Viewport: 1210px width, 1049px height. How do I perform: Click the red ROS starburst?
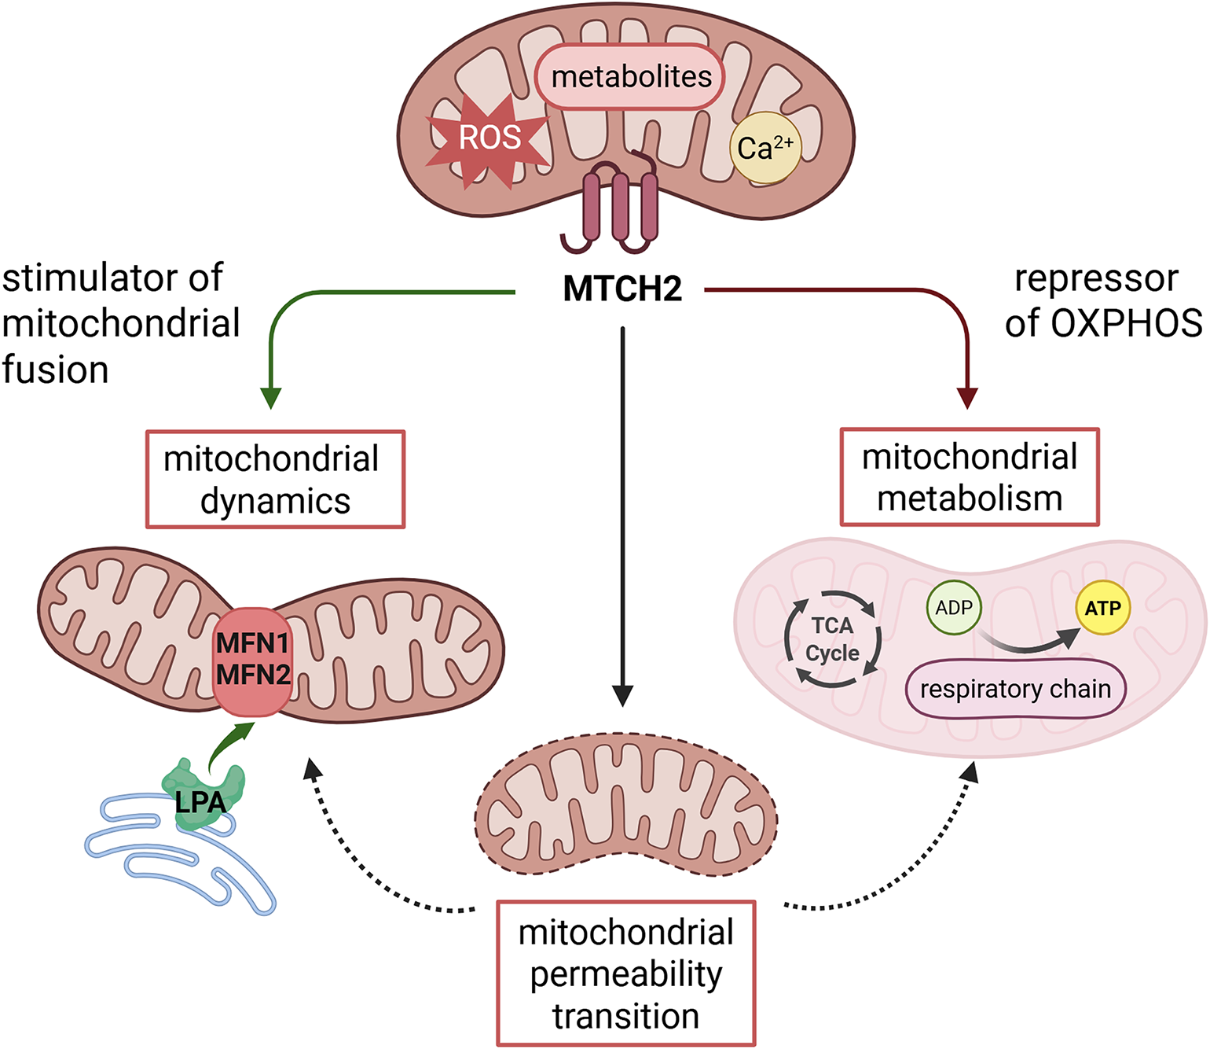(x=488, y=139)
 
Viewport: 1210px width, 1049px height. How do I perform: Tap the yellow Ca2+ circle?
(x=765, y=148)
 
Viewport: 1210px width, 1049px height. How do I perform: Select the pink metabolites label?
(x=630, y=77)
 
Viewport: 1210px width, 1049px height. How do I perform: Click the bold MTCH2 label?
(x=622, y=289)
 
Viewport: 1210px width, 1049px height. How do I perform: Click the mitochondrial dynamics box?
(x=275, y=479)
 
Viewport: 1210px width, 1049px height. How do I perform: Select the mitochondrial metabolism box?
(x=970, y=477)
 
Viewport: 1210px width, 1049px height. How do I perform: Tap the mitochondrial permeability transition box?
(x=625, y=974)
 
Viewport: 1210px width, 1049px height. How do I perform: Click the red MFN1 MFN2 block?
(x=253, y=661)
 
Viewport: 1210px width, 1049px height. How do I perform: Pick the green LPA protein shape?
(x=203, y=794)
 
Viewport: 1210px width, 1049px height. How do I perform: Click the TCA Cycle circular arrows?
(x=833, y=639)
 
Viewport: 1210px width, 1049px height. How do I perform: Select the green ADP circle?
(x=954, y=608)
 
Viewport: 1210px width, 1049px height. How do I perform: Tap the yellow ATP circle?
(x=1102, y=608)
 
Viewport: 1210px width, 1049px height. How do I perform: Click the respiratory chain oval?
(x=1015, y=690)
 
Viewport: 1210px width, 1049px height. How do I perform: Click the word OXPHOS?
(x=1126, y=323)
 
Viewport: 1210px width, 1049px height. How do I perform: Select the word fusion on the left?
(x=55, y=370)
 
